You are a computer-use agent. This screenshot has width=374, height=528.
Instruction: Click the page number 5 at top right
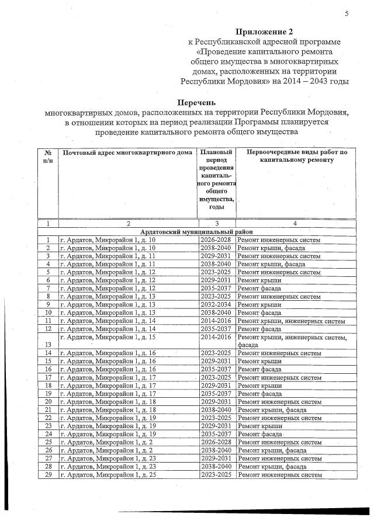pos(347,14)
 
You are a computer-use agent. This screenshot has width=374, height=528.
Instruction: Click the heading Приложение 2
pos(262,30)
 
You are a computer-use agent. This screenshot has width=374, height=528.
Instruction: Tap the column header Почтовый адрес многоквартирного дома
pos(127,153)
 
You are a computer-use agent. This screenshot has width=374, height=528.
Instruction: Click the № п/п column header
pos(48,157)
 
